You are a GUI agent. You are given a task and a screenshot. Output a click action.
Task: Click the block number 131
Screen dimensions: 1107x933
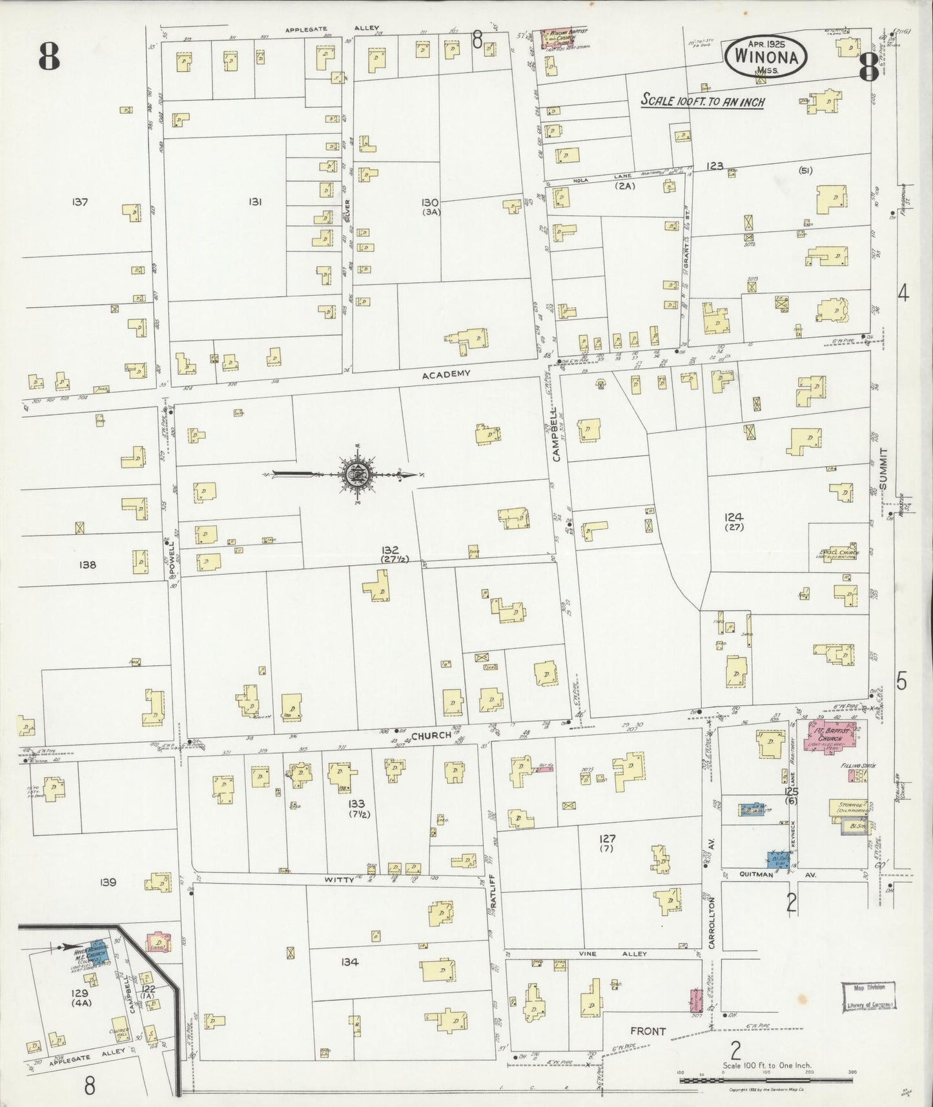click(x=254, y=202)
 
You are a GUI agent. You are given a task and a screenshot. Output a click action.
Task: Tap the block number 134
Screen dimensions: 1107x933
click(x=349, y=962)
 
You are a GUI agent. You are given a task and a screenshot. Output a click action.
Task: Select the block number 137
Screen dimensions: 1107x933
click(x=80, y=202)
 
